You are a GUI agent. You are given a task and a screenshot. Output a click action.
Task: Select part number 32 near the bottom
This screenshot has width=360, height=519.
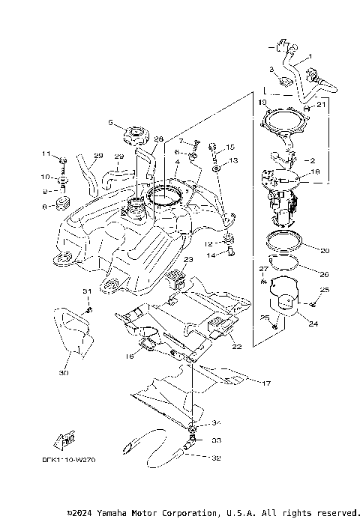pos(215,456)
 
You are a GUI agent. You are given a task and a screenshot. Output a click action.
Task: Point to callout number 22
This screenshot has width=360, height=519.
pos(235,346)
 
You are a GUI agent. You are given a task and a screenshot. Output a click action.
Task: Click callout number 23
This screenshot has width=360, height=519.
pos(188,259)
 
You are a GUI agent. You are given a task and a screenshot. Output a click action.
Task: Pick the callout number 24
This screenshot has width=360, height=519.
pos(313,324)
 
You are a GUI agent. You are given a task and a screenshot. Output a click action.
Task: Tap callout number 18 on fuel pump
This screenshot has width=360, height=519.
pos(315,172)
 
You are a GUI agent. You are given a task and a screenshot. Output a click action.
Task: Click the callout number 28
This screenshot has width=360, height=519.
pos(157,139)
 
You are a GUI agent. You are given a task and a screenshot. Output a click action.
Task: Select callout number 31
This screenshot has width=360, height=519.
pos(85,291)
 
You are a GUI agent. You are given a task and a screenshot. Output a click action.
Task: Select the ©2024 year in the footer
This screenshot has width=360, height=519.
pos(82,513)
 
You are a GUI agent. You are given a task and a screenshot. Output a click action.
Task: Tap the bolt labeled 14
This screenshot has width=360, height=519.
pos(229,255)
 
